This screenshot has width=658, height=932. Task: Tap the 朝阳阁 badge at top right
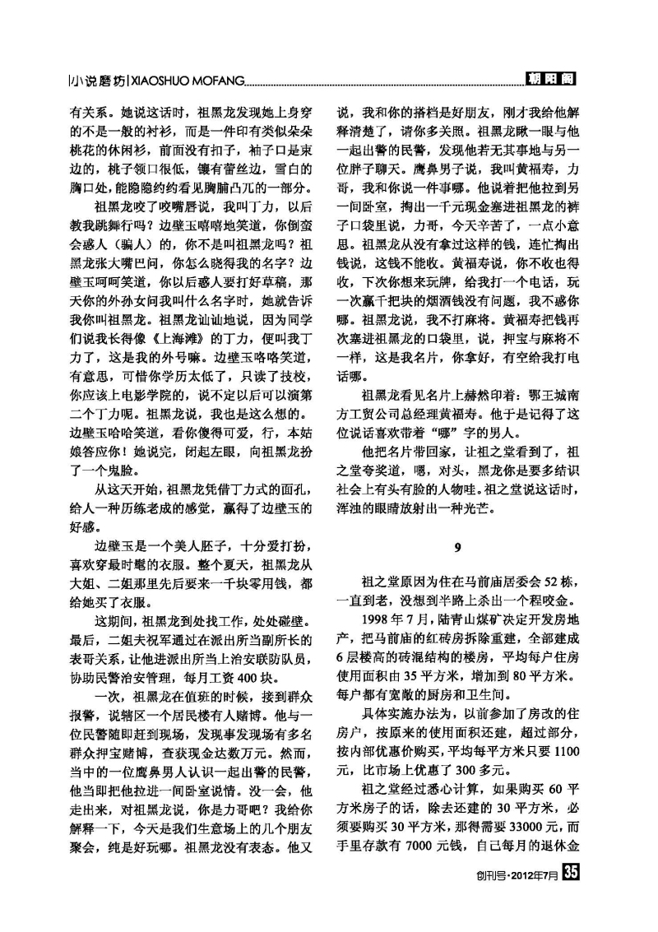click(550, 79)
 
